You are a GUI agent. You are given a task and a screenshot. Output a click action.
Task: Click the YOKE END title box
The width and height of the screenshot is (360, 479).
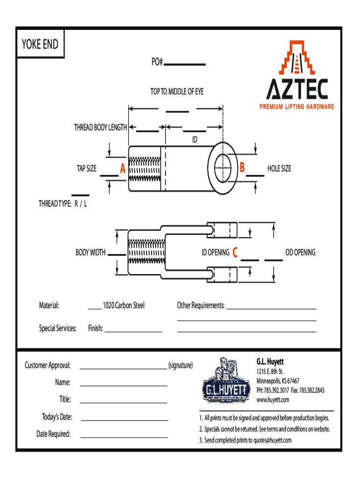click(x=40, y=44)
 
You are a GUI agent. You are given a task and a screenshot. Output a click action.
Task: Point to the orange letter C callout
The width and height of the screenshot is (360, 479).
click(x=235, y=253)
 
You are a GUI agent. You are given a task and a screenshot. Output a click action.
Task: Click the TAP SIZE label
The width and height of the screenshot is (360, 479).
click(x=87, y=168)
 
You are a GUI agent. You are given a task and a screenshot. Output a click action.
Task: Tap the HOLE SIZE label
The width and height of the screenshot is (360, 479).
click(x=279, y=168)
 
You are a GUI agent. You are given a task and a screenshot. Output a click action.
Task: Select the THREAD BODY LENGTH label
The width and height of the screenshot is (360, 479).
click(x=100, y=127)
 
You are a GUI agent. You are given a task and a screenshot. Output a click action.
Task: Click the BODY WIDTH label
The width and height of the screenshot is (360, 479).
click(x=90, y=253)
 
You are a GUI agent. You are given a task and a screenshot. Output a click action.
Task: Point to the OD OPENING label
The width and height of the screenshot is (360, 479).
click(x=300, y=253)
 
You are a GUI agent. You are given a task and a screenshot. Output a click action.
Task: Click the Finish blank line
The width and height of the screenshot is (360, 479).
click(x=133, y=331)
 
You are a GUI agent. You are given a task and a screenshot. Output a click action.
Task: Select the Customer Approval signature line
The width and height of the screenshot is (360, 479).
click(x=123, y=369)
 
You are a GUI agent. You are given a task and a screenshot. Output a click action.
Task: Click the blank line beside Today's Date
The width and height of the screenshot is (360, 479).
click(x=123, y=421)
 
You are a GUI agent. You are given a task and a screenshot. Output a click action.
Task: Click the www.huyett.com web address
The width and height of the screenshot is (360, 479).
click(x=273, y=399)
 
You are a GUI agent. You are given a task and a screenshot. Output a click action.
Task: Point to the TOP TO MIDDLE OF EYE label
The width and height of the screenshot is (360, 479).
click(x=177, y=92)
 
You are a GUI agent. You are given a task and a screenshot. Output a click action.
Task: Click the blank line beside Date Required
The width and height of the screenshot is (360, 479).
click(x=123, y=437)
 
